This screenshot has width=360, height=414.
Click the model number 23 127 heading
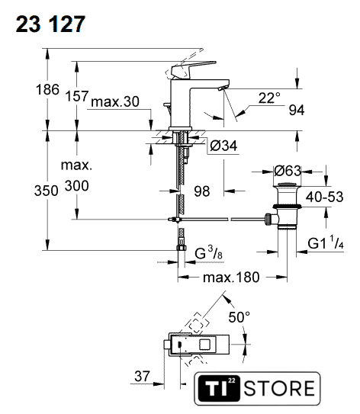pos(50,24)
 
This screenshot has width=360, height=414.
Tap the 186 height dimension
pos(47,89)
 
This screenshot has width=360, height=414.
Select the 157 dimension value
pos(77,96)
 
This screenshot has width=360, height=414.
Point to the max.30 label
pos(115,101)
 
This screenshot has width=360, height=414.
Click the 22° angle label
pos(269,98)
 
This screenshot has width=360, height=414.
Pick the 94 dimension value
pos(297,110)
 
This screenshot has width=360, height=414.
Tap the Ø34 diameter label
pos(223,146)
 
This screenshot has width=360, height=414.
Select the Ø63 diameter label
pos(288,171)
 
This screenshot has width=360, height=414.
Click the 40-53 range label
pos(325,197)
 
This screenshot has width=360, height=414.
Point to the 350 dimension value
pos(47,191)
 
